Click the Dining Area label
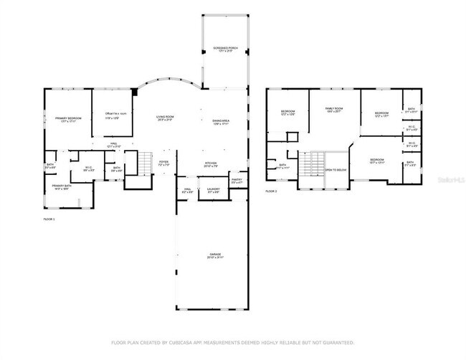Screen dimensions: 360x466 point(220,122)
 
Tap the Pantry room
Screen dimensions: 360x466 point(237,181)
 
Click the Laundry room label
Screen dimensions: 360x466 point(213,191)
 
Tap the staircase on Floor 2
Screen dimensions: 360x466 point(311,166)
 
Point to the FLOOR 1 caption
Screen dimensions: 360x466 point(49,218)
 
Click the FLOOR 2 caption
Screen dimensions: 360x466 point(271,191)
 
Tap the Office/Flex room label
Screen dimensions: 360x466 point(116,115)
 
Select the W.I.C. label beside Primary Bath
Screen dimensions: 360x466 point(88,169)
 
